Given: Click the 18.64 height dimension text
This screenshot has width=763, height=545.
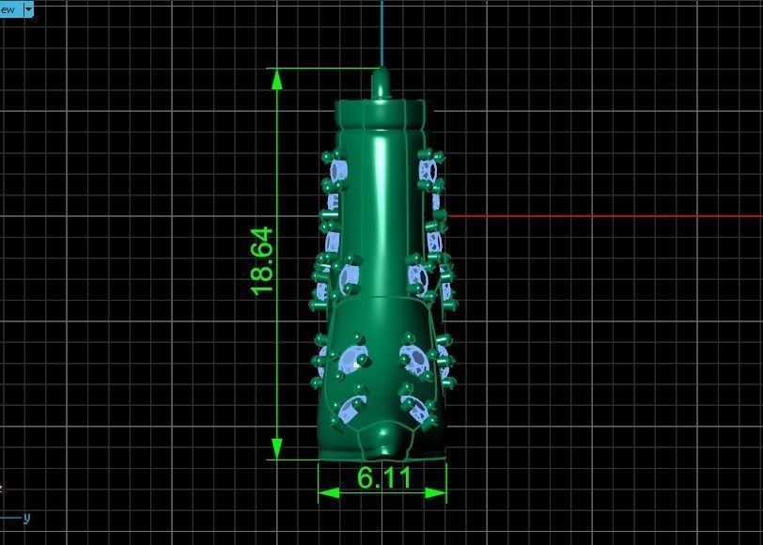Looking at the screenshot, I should tap(262, 260).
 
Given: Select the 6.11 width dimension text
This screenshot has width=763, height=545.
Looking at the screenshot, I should tap(384, 477).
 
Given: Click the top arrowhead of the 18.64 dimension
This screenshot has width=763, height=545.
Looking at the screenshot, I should tap(277, 78).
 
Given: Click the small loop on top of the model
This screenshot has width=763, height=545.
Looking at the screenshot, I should tap(381, 82).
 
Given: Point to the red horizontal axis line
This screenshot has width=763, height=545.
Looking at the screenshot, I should tap(601, 216).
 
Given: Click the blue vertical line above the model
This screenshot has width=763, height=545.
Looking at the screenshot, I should tap(381, 33).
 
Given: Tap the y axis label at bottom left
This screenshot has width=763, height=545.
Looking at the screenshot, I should tap(26, 517).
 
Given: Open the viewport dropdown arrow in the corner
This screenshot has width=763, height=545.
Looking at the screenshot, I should tap(28, 9).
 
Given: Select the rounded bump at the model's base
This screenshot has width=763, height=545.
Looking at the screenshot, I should tap(382, 438).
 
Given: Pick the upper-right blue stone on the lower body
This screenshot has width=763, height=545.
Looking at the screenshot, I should tap(413, 356).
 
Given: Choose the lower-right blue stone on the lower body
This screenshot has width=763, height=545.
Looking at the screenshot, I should tap(413, 407).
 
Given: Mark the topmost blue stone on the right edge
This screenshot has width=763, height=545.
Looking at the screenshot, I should tap(428, 169).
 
